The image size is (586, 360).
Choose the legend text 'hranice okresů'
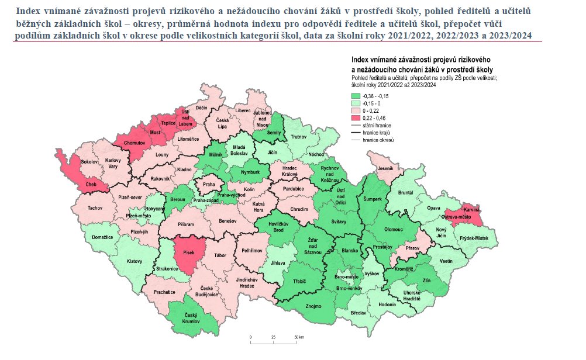coord(378,140)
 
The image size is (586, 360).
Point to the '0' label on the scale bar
coord(250,338)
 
